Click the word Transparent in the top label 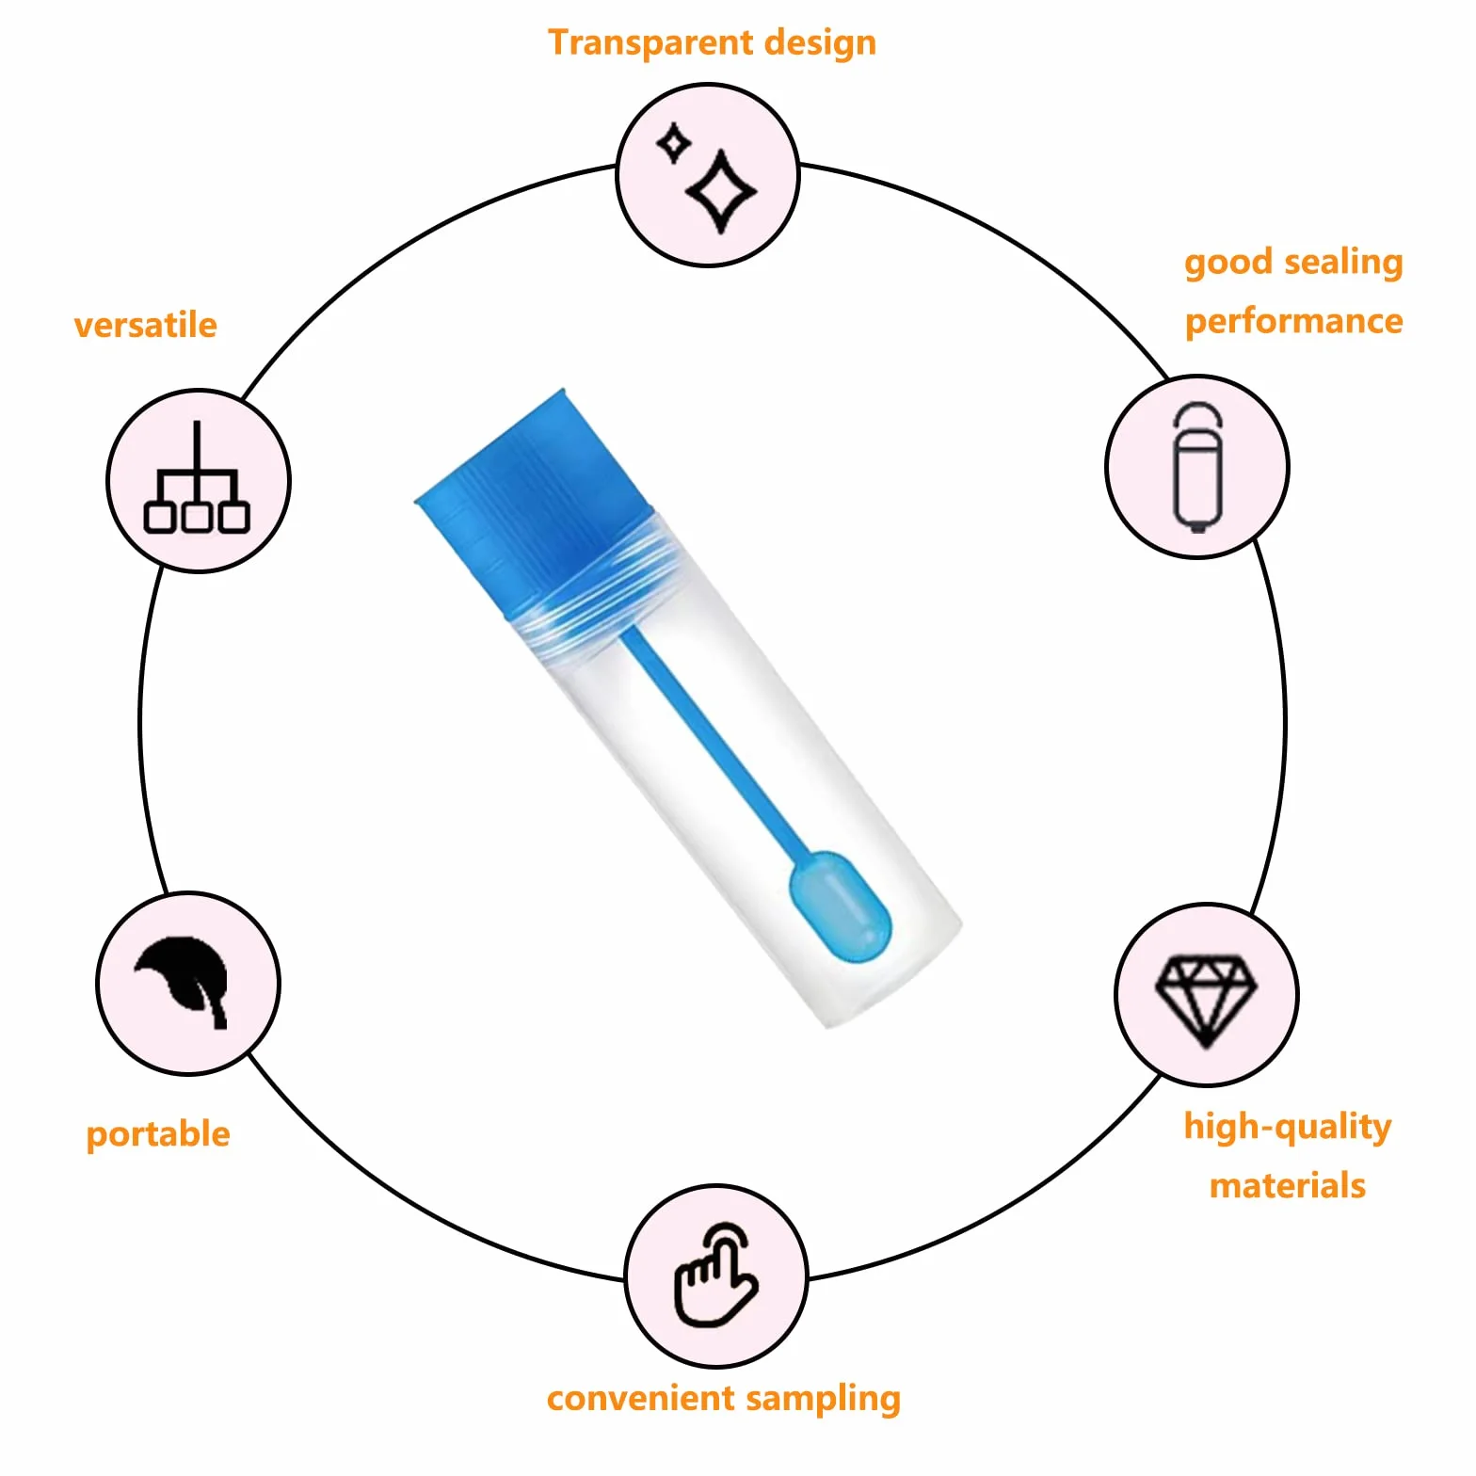651,43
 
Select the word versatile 146,325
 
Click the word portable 158,1134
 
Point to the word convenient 641,1399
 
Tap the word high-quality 1288,1127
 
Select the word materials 1288,1186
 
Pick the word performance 1294,323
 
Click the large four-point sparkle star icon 722,191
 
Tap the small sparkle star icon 674,144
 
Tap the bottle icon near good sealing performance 1198,467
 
